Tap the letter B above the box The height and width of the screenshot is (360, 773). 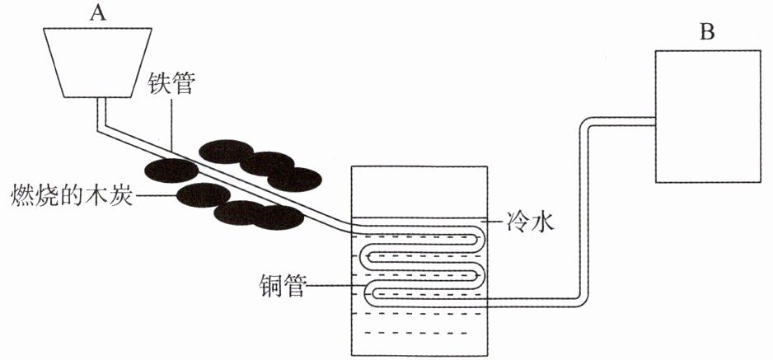pos(706,32)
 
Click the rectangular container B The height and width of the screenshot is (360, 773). pos(706,116)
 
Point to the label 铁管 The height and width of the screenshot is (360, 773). pos(171,86)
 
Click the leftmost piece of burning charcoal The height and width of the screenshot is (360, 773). pos(171,170)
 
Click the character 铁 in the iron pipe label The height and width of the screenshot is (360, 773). pos(160,86)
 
